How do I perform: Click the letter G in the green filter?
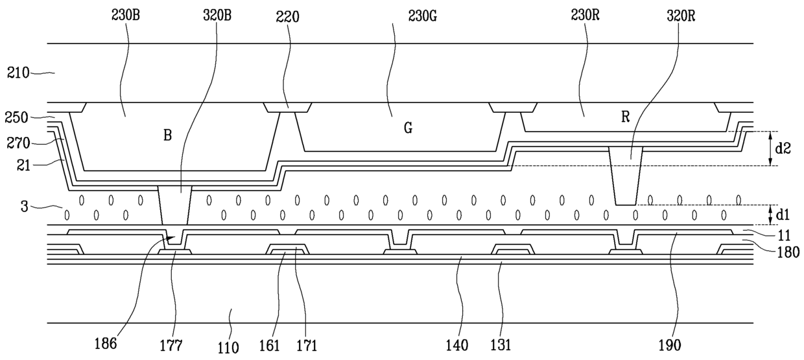tap(407, 128)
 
